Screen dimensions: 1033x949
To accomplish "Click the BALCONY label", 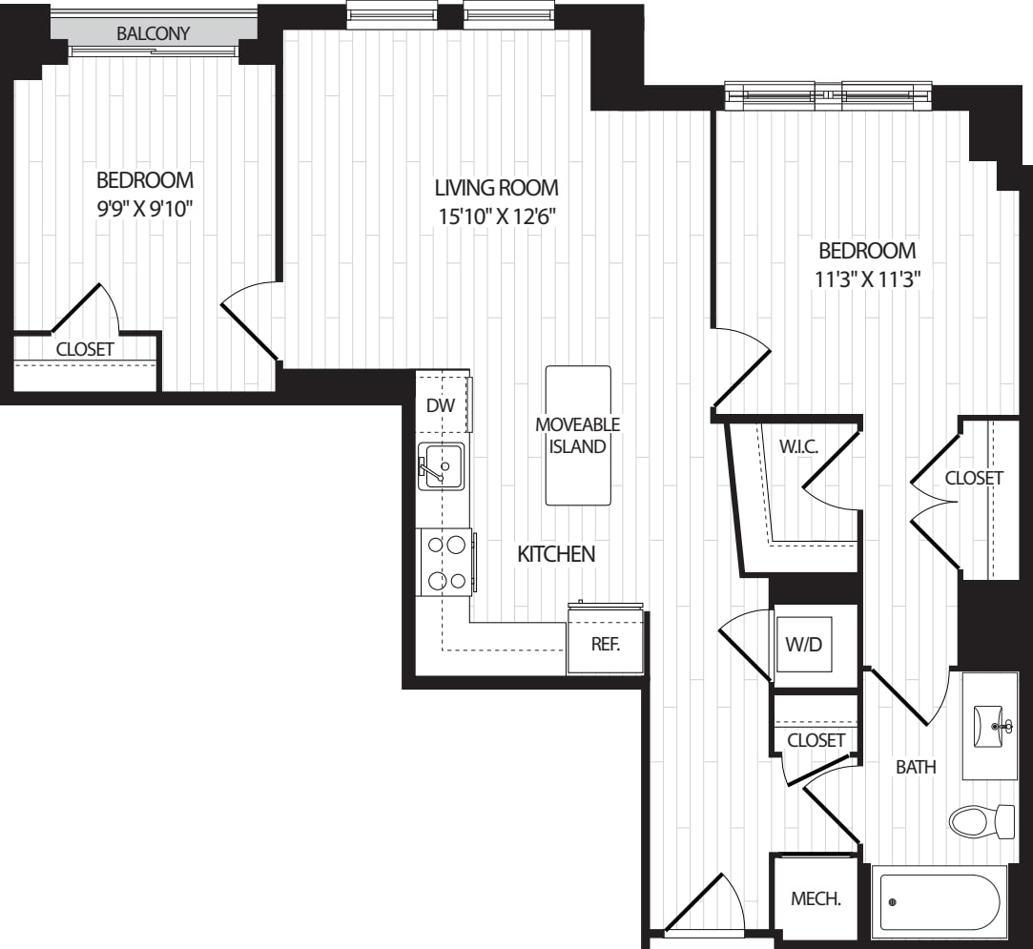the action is point(153,33).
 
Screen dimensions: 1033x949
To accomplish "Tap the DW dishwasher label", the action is point(441,405).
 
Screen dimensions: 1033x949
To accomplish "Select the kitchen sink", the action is point(441,465).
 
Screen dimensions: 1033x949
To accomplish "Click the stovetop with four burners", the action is point(446,563).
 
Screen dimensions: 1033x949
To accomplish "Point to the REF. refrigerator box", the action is point(606,642).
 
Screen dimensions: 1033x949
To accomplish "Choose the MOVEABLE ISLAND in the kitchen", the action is point(578,435).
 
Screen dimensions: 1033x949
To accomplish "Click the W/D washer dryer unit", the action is point(804,644).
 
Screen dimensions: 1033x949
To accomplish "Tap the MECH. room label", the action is point(816,898).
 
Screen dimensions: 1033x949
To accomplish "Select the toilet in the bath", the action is point(981,820).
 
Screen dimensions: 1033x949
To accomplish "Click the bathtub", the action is point(939,903).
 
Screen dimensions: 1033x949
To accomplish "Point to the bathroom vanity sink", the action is point(990,726).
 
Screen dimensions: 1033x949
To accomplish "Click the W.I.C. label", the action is point(799,446).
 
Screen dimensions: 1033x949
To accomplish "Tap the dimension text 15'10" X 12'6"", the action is point(498,216).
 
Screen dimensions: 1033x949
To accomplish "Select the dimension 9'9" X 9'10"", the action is point(145,209).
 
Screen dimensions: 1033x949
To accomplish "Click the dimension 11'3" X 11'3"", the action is point(867,279).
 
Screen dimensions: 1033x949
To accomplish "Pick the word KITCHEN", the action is point(556,554).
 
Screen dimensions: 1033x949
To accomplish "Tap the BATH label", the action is point(916,767).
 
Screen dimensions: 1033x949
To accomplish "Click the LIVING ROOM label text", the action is point(496,188).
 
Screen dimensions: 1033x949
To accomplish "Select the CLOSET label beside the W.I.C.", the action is point(974,478).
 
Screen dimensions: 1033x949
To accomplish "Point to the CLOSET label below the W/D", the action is point(816,740).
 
